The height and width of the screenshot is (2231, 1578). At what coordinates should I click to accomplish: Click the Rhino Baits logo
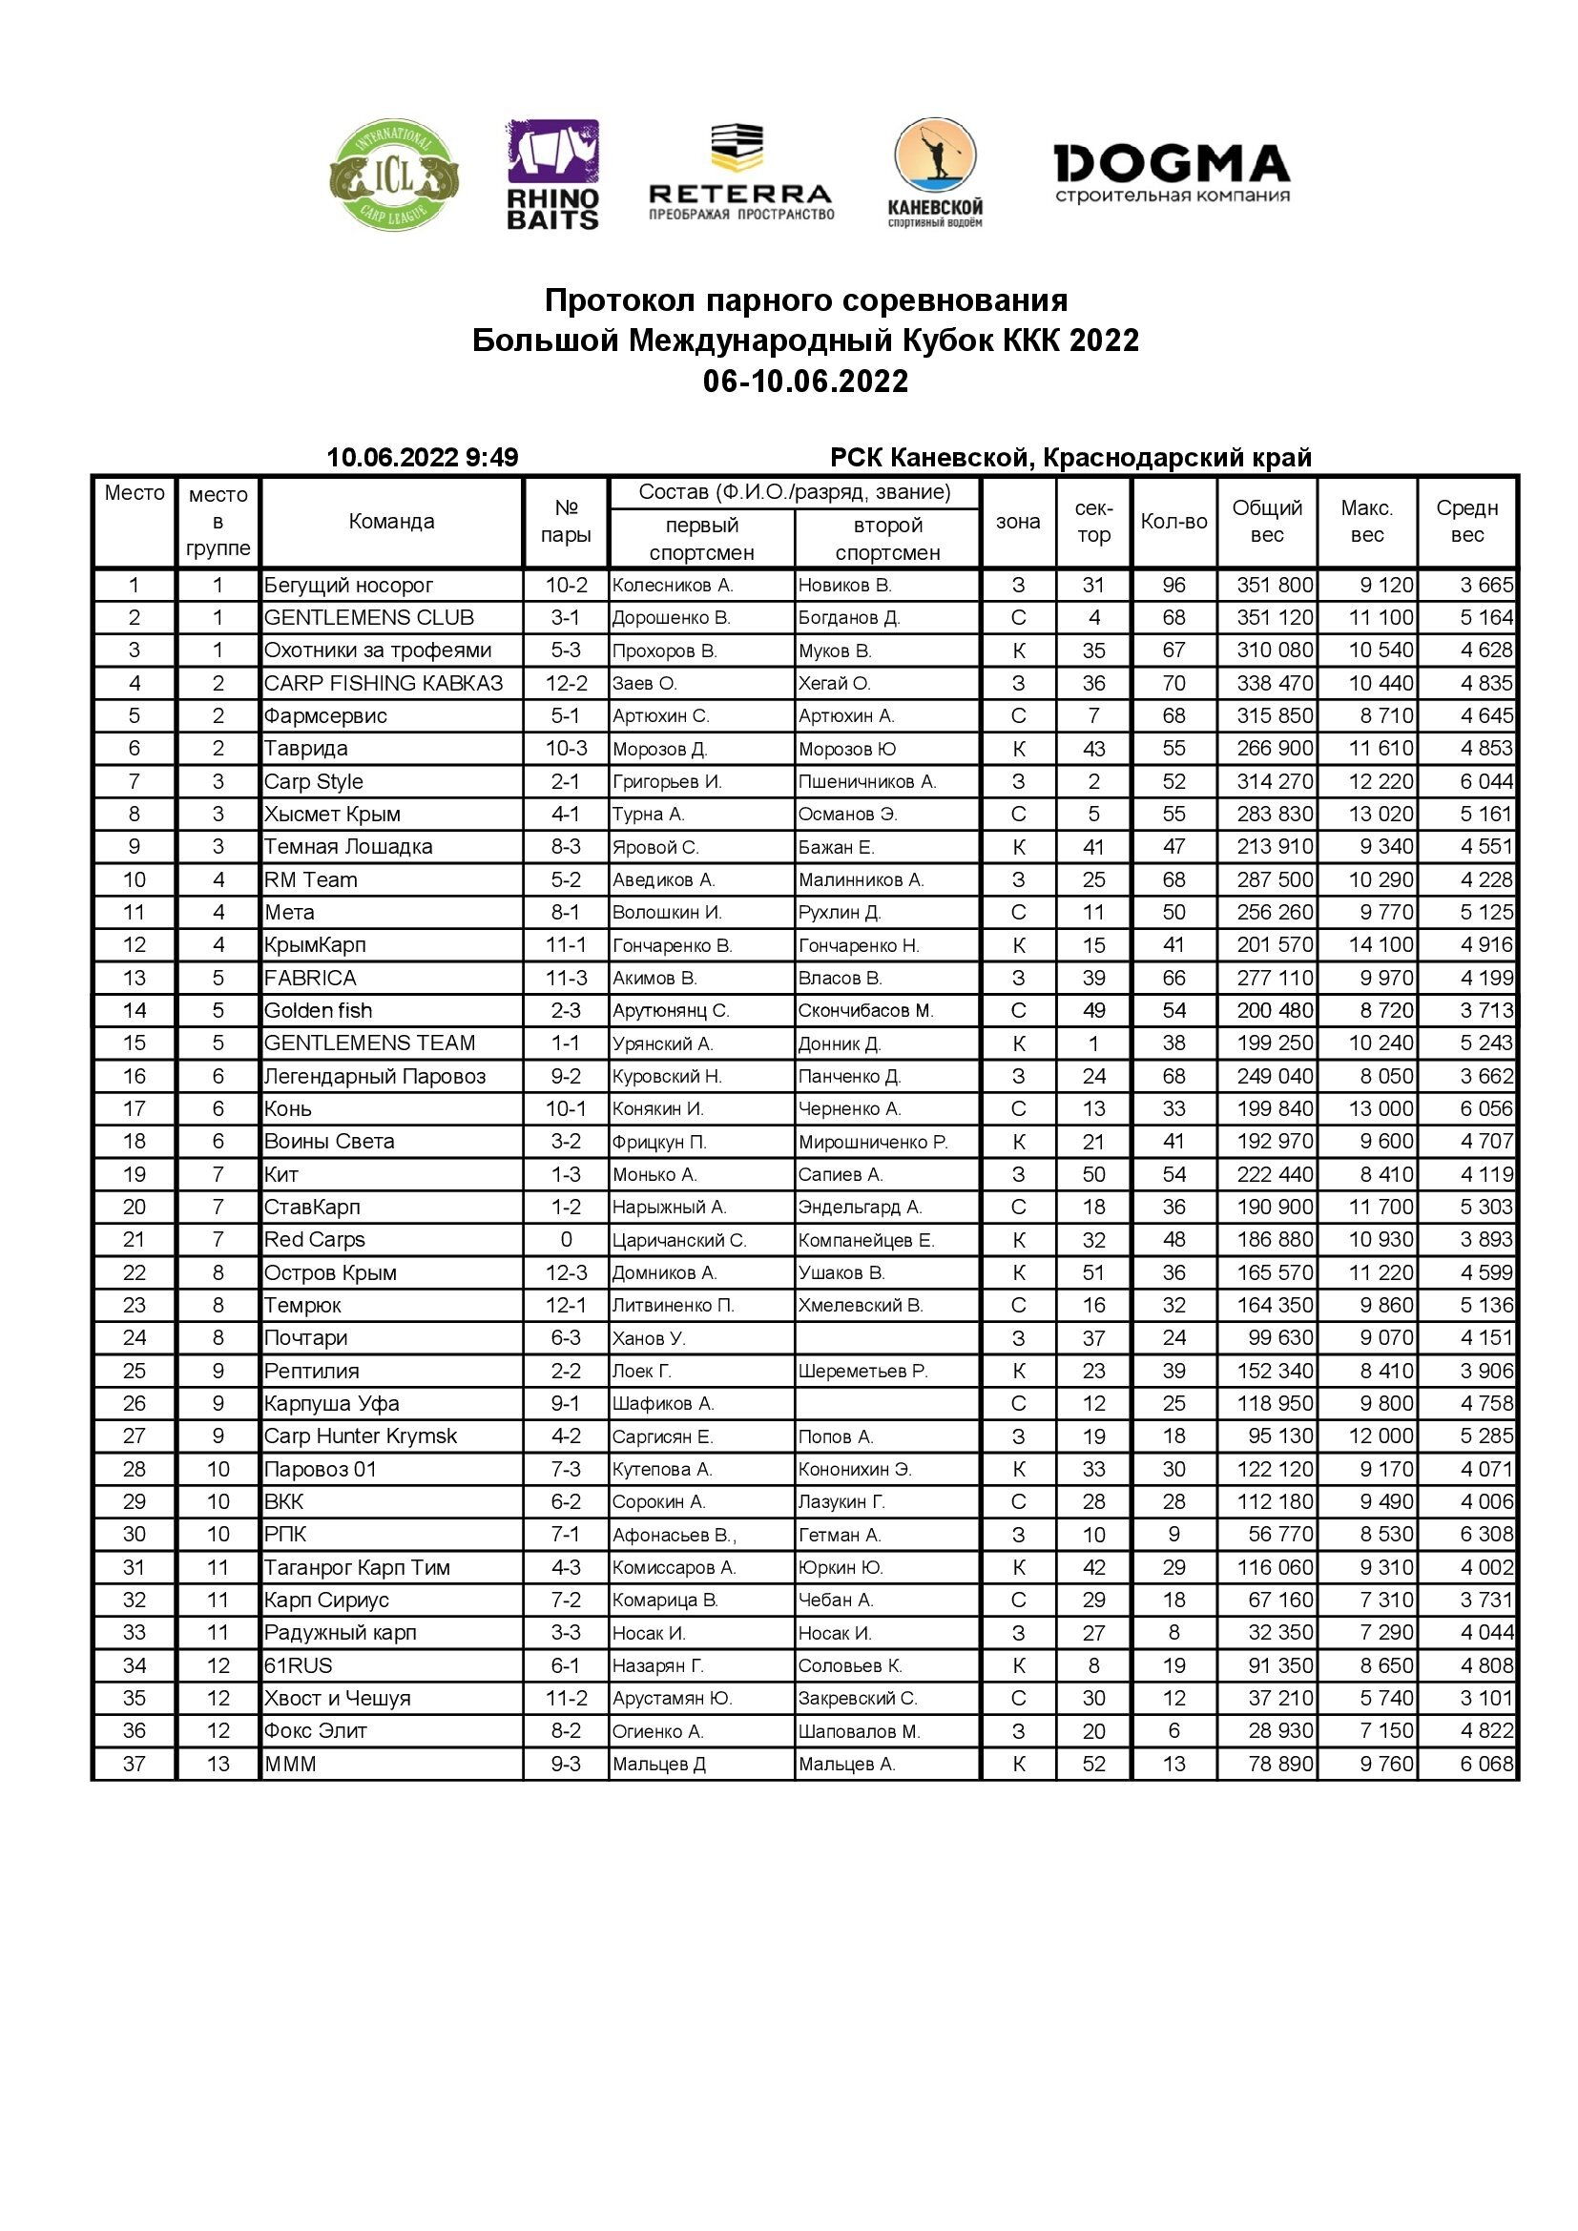553,175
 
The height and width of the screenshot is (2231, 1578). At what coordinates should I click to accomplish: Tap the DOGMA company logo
1172,173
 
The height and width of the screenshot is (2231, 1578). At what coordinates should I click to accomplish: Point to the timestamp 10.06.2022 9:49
422,457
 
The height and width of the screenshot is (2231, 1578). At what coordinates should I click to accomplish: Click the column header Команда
391,522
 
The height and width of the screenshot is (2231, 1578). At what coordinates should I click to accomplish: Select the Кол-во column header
1173,522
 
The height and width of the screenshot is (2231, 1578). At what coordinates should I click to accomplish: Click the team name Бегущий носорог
349,585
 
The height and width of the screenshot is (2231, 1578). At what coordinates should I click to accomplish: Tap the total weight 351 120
1274,618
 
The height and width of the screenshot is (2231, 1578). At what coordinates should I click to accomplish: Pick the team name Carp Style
314,781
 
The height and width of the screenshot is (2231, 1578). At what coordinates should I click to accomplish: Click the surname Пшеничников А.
865,781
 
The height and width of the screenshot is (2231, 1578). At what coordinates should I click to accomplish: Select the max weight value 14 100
1380,944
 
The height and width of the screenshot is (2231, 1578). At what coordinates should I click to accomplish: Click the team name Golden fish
318,1010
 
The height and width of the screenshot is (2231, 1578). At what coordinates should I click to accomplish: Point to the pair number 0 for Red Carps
566,1240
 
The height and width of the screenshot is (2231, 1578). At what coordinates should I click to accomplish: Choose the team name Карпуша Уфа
331,1403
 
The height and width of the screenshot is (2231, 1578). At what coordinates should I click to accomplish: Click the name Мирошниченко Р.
873,1142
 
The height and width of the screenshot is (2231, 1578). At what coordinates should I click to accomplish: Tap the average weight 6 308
1485,1535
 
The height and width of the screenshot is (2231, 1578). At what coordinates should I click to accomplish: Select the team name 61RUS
299,1665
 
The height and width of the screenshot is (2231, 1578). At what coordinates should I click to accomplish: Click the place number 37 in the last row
135,1764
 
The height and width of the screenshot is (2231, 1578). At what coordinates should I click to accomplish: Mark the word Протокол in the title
620,300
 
